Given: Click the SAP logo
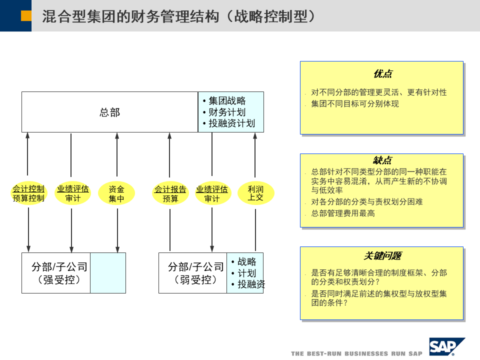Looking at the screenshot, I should coord(446,346).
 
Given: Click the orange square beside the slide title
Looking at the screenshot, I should coord(26,16).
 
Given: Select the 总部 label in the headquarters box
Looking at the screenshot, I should coord(109,112).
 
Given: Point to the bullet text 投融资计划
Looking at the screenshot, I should coord(231,123).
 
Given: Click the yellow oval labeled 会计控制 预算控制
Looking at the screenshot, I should coord(28,193).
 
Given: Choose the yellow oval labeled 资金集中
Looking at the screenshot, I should coord(116,193).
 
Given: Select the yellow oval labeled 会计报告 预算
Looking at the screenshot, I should coord(170,193).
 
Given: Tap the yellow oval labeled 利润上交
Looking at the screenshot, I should coord(255,193).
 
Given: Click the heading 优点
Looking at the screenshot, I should coord(382,74).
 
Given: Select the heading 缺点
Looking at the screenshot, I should coord(382,160).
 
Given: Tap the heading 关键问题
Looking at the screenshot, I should coord(382,255).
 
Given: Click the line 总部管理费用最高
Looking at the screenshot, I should coord(343,213).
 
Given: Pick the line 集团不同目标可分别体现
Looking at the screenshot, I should coord(355,104).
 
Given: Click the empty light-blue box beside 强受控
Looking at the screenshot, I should coord(108,273).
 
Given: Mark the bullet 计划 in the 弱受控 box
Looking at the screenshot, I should coord(246,273).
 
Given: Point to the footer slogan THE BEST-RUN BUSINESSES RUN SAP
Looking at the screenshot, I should coord(356,353).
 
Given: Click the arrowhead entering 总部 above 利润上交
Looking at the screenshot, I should coord(255,135).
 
